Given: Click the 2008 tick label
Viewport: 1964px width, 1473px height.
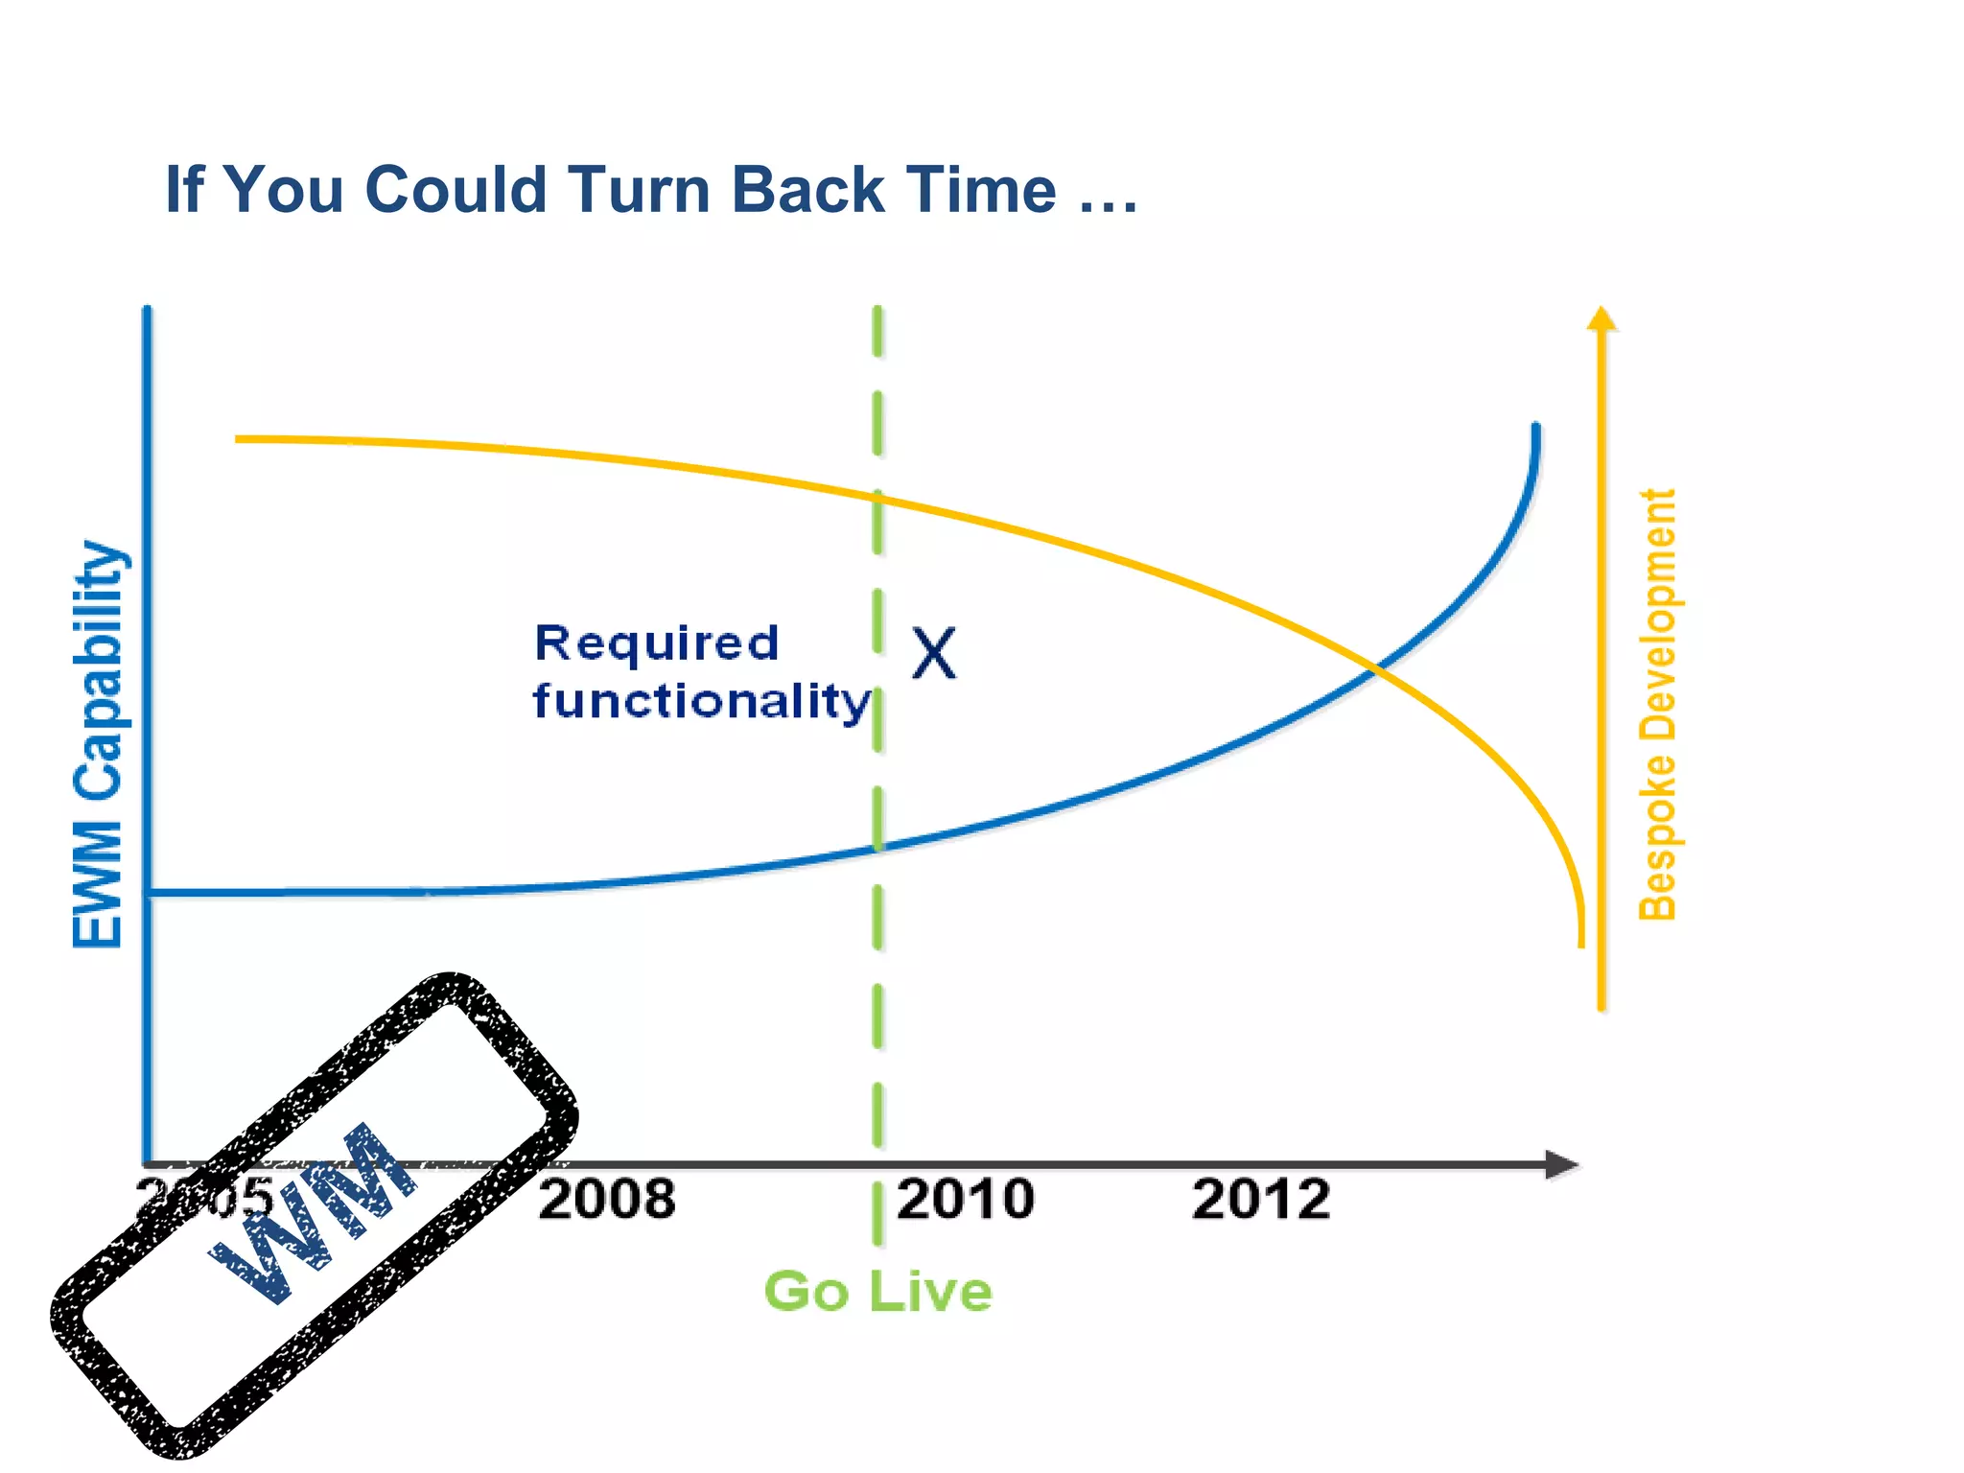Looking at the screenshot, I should (606, 1200).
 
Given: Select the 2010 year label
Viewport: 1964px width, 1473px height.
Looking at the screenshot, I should (965, 1200).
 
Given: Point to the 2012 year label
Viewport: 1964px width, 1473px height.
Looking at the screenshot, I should (1260, 1200).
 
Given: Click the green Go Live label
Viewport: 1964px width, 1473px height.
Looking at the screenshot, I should (877, 1291).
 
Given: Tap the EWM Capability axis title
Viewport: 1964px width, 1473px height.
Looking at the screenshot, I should (98, 744).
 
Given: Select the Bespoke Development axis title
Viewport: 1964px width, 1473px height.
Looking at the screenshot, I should (1657, 705).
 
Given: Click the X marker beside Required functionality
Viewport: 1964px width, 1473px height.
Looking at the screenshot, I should (933, 654).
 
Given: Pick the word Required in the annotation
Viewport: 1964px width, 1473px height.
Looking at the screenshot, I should (656, 643).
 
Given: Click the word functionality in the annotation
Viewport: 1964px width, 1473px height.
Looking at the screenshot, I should (701, 701).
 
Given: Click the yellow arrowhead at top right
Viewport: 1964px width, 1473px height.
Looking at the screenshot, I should (1602, 318).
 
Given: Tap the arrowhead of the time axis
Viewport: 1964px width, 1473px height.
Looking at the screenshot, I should (1563, 1165).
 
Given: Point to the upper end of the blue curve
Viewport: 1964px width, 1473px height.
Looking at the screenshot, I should (1536, 427).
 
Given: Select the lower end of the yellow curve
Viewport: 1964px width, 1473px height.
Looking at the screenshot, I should (1581, 944).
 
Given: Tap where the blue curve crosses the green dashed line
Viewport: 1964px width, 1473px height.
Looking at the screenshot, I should (877, 848).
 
